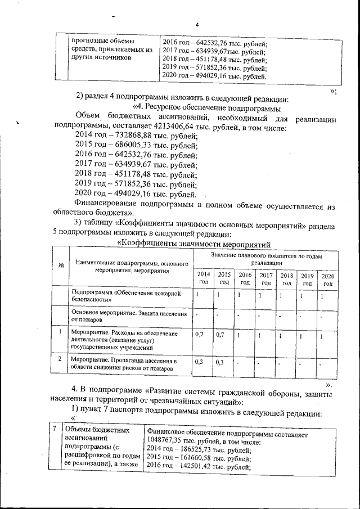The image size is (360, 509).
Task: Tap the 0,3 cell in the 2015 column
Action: tap(220, 362)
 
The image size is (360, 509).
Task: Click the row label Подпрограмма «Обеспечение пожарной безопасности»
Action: tap(127, 297)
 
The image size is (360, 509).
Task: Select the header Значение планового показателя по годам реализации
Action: tap(266, 259)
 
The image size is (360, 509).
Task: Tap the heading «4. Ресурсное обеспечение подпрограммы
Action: tap(206, 108)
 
